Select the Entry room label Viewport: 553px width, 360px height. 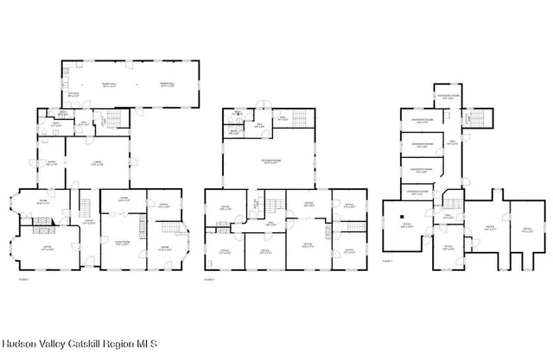pos(51,163)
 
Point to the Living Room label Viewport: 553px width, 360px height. pos(122,243)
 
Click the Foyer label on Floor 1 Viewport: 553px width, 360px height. pos(88,220)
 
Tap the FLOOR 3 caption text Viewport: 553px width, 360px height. pos(387,260)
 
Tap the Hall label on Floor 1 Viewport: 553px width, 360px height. pos(84,123)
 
